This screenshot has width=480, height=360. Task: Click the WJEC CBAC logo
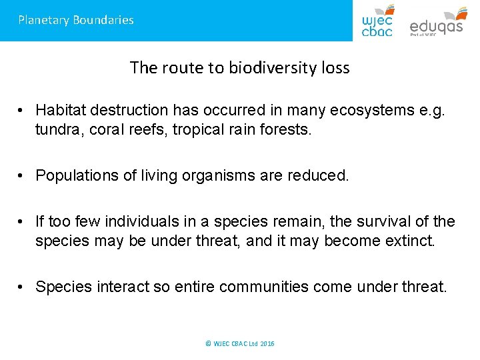[377, 21]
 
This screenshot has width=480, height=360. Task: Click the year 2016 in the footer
[267, 344]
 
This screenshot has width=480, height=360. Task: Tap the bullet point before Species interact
[22, 287]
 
